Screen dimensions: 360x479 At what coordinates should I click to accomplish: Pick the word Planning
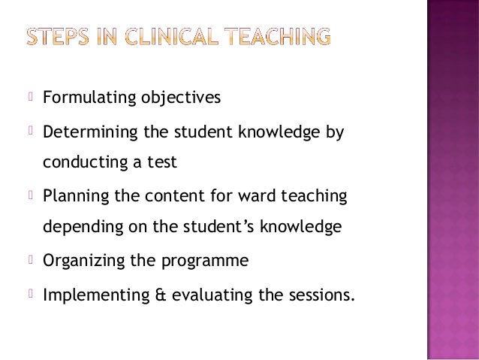74,197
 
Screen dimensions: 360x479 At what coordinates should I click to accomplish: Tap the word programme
204,262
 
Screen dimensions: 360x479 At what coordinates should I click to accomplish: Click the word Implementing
95,295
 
